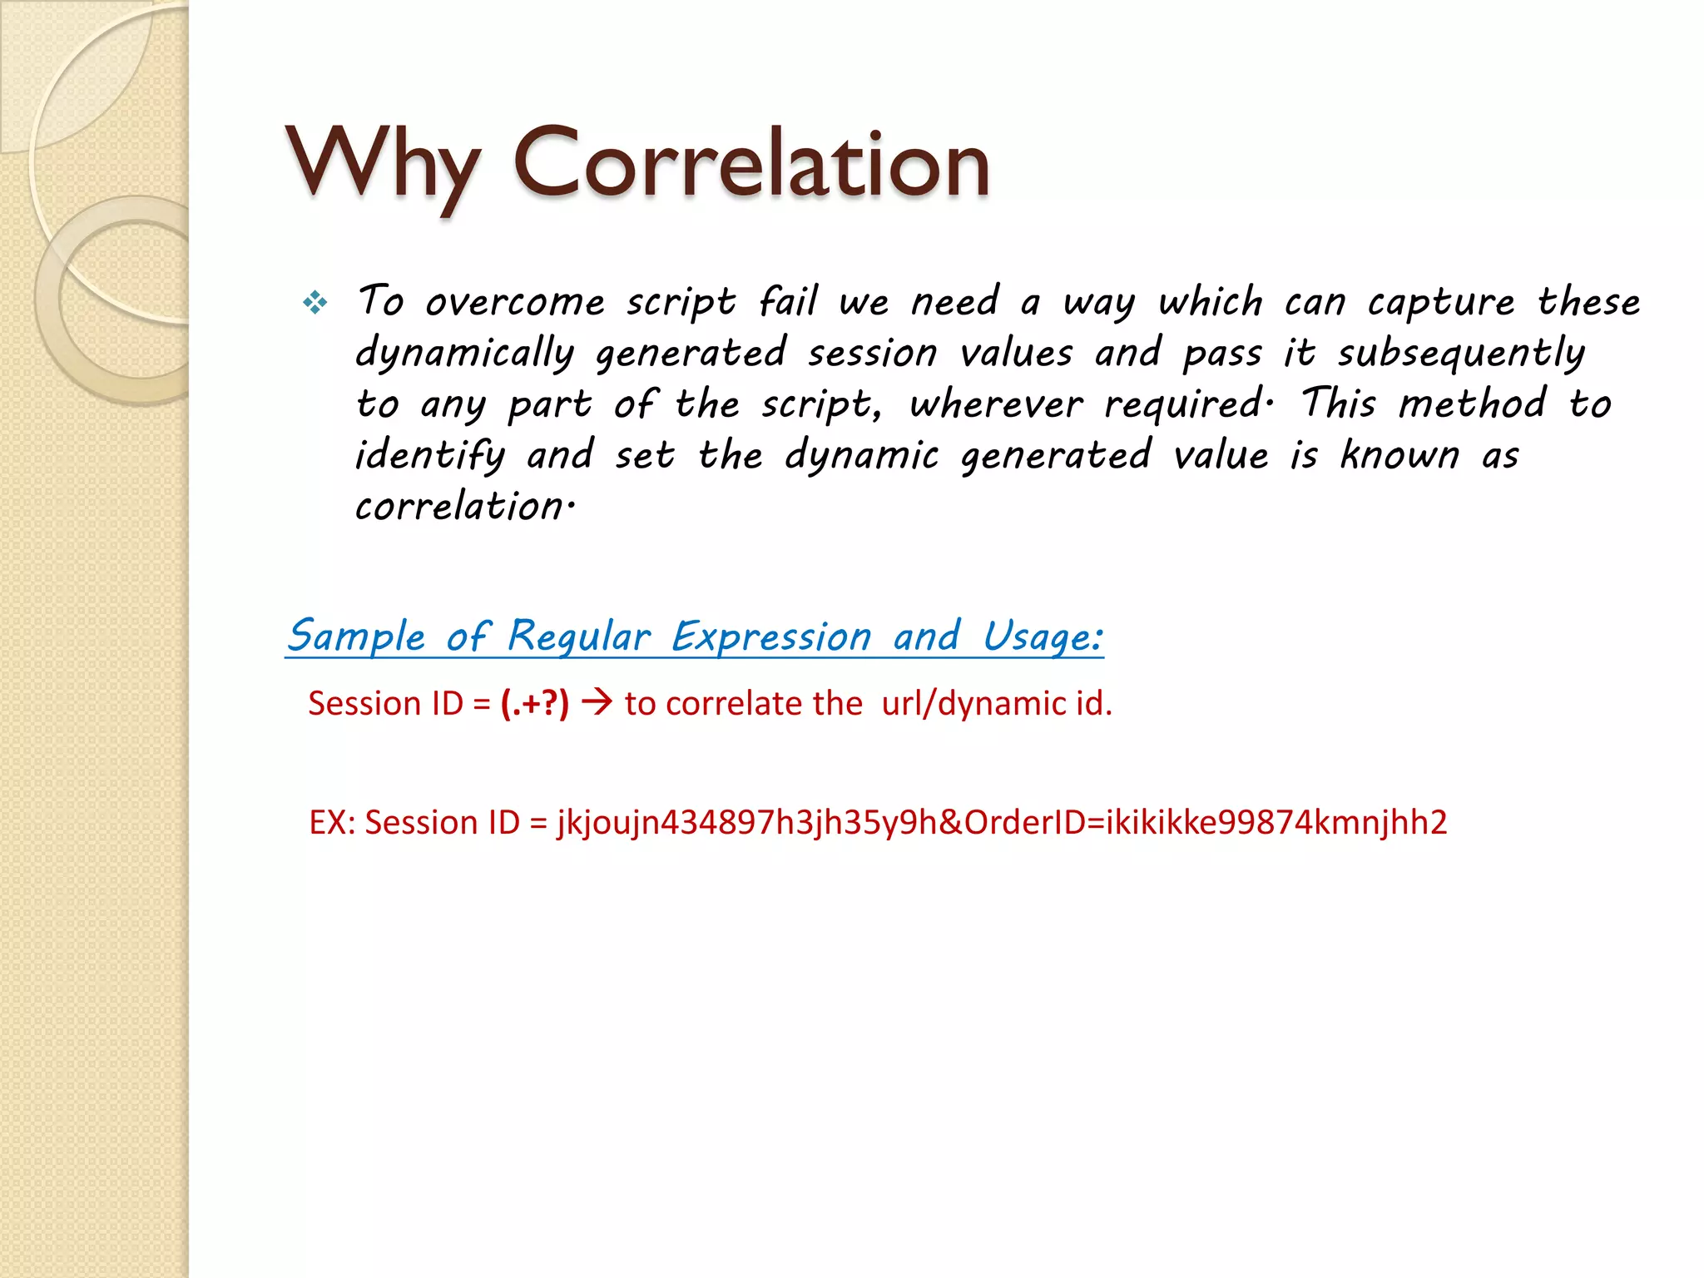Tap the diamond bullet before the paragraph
click(x=315, y=302)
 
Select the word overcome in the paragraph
click(x=515, y=302)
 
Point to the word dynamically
click(x=464, y=354)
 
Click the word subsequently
click(x=1461, y=354)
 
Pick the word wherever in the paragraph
click(x=996, y=405)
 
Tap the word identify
click(x=429, y=456)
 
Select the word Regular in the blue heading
click(x=578, y=637)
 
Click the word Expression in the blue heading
click(x=771, y=637)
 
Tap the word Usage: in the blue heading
click(x=1043, y=637)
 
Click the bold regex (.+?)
click(x=535, y=704)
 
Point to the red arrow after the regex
click(x=597, y=703)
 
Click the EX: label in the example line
click(x=332, y=822)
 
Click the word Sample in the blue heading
click(x=356, y=637)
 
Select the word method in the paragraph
click(x=1472, y=405)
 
